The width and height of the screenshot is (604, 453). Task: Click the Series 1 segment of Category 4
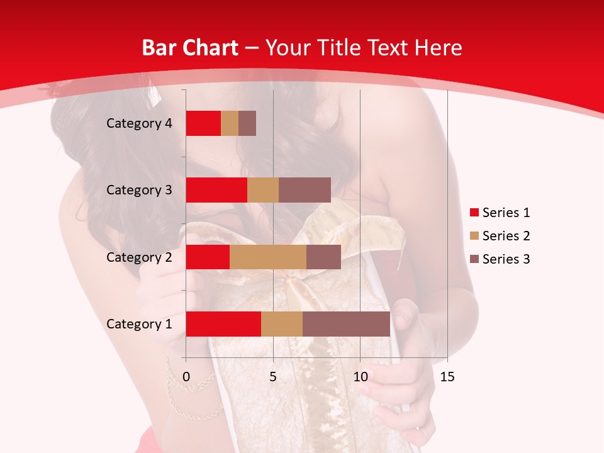203,123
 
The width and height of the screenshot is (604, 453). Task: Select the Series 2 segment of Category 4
230,123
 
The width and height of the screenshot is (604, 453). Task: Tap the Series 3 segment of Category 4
247,123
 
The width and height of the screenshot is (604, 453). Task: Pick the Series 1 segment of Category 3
216,190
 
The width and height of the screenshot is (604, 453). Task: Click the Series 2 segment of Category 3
263,190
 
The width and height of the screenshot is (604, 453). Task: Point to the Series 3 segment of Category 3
305,190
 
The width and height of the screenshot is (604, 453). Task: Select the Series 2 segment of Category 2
268,257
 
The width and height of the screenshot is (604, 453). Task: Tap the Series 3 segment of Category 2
323,257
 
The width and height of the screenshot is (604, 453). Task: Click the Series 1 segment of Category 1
223,323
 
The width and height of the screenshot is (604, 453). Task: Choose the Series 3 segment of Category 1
346,323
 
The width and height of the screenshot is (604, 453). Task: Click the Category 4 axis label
139,123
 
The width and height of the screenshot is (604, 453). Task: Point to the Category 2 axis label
139,257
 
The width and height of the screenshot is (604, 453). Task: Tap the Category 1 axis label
139,324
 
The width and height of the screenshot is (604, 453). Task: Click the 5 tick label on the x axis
273,377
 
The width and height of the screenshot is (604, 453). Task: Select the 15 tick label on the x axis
447,377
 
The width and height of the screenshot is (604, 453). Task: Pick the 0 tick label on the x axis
186,377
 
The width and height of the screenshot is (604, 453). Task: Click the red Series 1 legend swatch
474,213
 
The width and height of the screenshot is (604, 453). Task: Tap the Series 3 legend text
506,259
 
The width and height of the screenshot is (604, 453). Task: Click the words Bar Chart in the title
190,47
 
